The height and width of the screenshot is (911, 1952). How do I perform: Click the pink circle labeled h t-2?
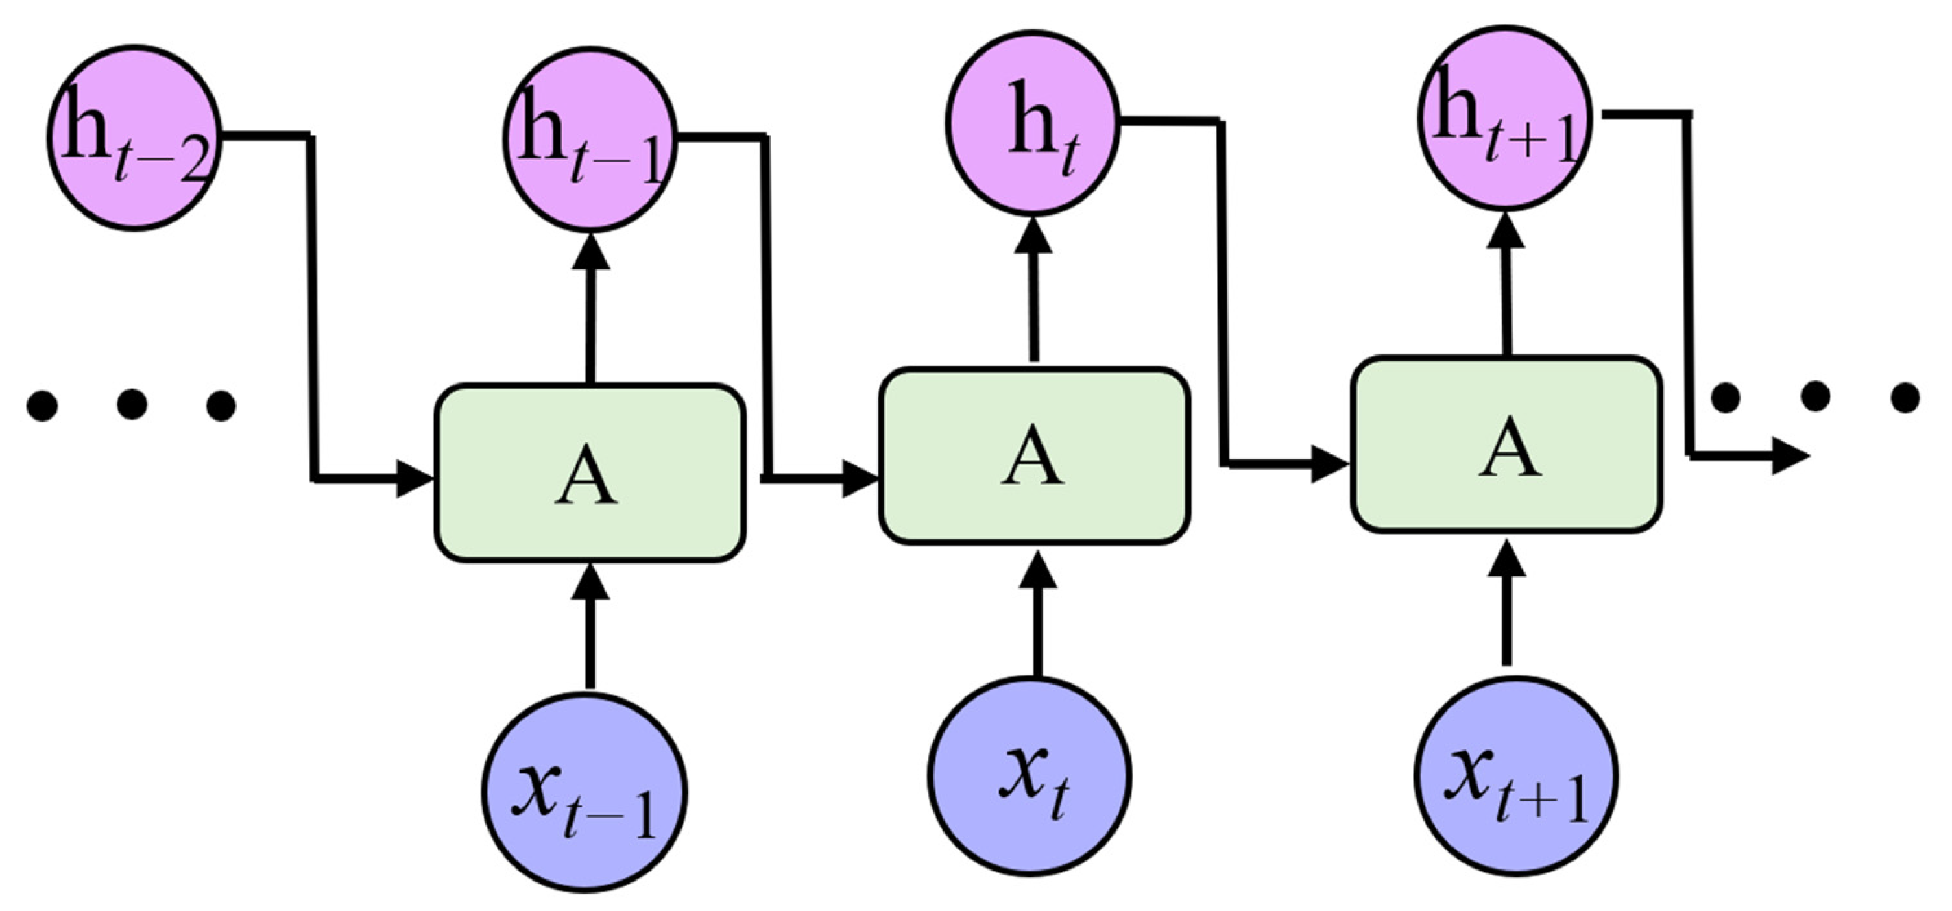(135, 138)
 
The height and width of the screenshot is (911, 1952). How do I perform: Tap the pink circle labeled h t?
(1033, 123)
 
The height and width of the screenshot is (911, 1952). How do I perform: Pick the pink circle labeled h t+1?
(1504, 118)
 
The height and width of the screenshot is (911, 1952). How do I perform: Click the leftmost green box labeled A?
(590, 474)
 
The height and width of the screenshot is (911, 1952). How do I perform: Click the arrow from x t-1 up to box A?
(590, 629)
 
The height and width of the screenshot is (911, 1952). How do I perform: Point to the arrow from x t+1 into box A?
(1507, 607)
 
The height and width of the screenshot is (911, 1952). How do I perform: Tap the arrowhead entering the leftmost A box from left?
(413, 478)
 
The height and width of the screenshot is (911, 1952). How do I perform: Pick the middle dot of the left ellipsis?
(132, 404)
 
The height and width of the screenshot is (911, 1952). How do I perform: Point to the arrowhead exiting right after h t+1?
(1790, 455)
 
